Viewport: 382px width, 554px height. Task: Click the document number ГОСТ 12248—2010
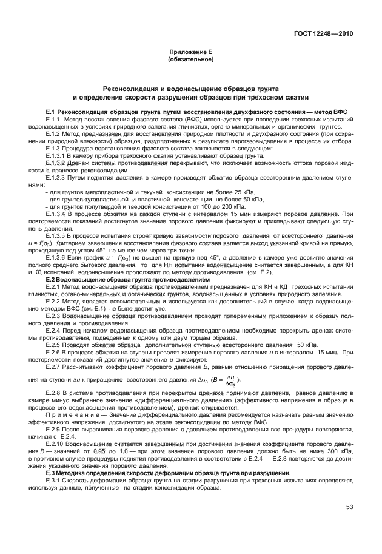[x=324, y=34]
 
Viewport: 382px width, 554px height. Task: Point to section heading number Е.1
[x=50, y=112]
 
